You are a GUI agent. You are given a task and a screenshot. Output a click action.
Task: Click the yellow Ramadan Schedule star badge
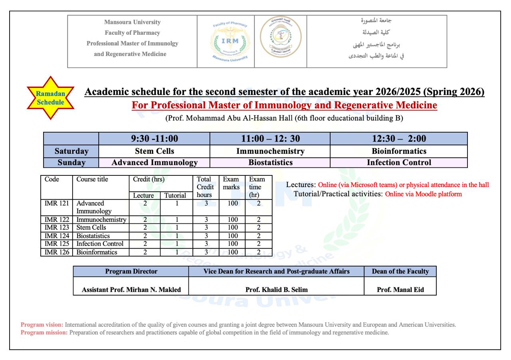[x=50, y=98]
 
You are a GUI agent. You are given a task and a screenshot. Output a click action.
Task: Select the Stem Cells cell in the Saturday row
[x=154, y=151]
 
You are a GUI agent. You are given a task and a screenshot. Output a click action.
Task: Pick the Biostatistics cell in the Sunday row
[x=270, y=163]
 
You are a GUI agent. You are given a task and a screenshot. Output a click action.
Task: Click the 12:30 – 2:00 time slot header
[x=398, y=139]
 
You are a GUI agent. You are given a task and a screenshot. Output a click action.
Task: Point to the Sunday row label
[x=71, y=163]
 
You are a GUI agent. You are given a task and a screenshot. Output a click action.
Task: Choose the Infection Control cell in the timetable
[x=398, y=163]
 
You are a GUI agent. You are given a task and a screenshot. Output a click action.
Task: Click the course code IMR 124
[x=57, y=236]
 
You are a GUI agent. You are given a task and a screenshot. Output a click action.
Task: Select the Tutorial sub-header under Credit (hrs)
[x=175, y=195]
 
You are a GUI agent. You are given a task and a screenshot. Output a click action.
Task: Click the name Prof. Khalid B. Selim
[x=276, y=290]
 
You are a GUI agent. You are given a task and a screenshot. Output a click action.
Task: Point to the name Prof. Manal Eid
[x=400, y=290]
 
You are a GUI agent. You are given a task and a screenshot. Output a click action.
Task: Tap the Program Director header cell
[x=131, y=271]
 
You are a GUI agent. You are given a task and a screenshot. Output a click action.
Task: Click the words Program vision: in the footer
[x=42, y=325]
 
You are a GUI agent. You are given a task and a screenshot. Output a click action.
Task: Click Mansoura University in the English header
[x=132, y=22]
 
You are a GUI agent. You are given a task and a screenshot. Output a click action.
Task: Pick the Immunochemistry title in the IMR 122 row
[x=101, y=219]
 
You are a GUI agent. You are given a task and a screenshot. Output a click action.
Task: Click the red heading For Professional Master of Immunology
[x=284, y=105]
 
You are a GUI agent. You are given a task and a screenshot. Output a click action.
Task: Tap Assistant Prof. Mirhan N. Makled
[x=131, y=290]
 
